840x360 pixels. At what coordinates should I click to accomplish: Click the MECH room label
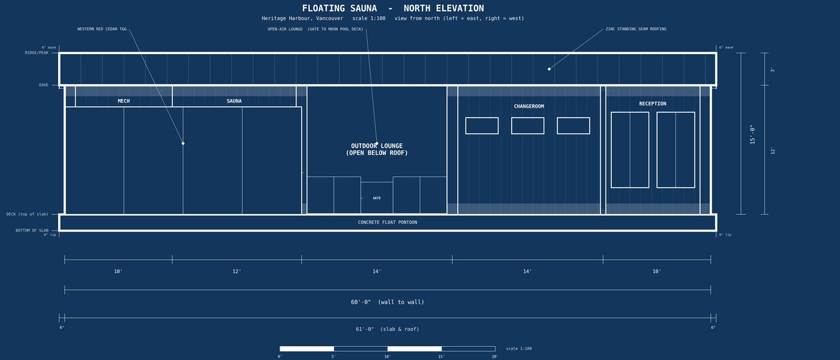click(124, 101)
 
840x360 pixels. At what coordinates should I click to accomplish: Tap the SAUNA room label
click(234, 101)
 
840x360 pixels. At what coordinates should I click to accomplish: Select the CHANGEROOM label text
click(529, 107)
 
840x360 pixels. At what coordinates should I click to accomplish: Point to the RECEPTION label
click(653, 103)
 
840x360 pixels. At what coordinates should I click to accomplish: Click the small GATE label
click(377, 198)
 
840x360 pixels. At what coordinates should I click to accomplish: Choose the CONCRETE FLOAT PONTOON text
click(388, 223)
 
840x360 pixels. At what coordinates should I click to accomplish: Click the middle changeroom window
click(527, 125)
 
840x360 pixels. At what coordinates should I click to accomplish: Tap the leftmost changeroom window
click(482, 125)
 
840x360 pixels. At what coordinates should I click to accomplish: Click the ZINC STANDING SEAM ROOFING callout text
click(636, 29)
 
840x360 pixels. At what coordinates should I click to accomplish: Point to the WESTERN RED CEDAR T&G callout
click(102, 29)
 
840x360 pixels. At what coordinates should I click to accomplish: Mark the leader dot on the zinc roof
click(549, 69)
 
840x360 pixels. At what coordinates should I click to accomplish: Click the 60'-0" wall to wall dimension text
click(388, 302)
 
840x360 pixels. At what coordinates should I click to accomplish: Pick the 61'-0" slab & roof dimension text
click(388, 329)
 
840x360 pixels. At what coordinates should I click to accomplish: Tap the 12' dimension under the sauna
click(236, 271)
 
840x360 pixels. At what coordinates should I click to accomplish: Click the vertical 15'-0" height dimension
click(752, 134)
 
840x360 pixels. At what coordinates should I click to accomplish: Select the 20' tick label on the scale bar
click(495, 356)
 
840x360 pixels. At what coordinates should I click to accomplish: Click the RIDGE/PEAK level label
click(37, 53)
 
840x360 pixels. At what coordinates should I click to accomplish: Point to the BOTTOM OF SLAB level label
click(32, 230)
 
